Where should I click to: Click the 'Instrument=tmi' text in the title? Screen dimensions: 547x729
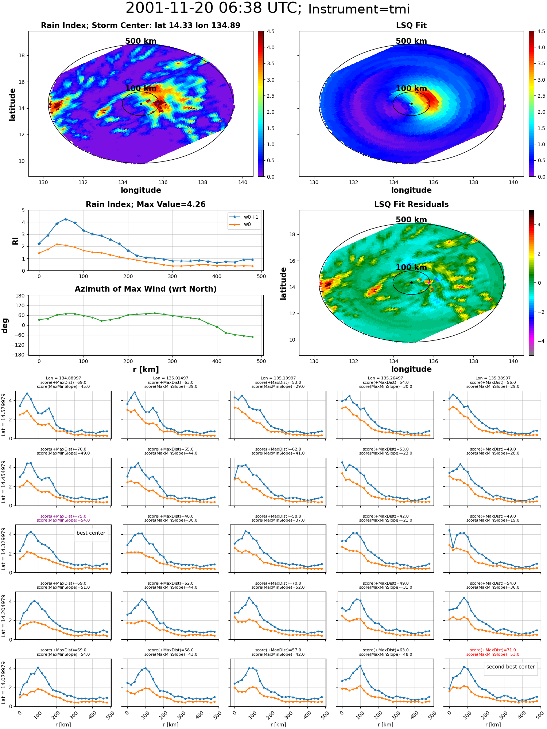click(x=359, y=9)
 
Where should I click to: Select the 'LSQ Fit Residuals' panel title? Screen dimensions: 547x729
click(x=411, y=204)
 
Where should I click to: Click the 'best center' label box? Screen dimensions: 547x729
click(x=91, y=533)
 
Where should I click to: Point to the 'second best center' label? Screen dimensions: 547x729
click(x=511, y=667)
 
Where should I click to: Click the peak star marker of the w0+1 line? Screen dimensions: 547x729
click(x=66, y=219)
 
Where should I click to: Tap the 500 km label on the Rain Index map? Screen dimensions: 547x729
click(x=141, y=41)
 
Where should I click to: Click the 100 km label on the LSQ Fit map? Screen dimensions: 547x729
click(x=411, y=89)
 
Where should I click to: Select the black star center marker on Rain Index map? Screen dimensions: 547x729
click(x=141, y=104)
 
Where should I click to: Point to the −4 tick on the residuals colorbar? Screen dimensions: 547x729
click(x=539, y=341)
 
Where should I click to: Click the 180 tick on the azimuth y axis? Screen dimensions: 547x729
click(x=20, y=296)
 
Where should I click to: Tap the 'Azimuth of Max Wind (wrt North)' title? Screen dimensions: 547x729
click(x=146, y=289)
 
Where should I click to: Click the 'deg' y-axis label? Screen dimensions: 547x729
click(x=5, y=325)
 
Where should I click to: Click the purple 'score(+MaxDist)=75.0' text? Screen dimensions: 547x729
click(x=63, y=516)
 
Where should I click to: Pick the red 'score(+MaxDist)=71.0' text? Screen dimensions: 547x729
click(x=493, y=650)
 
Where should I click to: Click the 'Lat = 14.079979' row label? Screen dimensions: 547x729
click(x=4, y=683)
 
